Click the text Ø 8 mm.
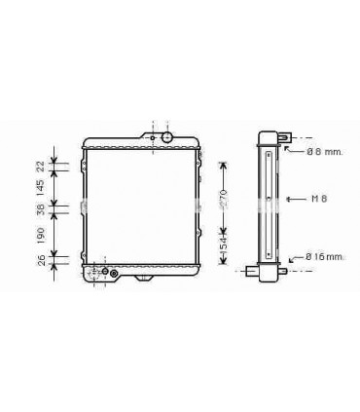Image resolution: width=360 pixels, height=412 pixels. [322, 152]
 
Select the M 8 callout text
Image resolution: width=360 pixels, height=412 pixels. [318, 199]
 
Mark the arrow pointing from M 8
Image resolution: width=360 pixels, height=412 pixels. [295, 199]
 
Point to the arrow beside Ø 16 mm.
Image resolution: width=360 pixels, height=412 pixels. [294, 257]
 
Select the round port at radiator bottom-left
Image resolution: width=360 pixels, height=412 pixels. [115, 273]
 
